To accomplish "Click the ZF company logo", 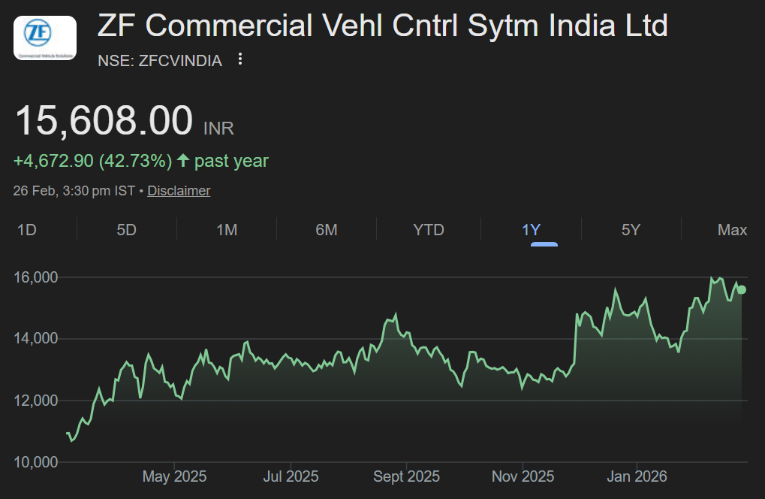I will point(45,38).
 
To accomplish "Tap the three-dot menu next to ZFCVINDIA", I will point(240,59).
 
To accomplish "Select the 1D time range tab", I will point(27,230).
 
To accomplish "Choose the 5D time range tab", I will point(126,230).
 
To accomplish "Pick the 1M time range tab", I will point(227,230).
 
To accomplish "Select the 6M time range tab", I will point(327,230).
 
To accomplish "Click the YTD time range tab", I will point(429,230).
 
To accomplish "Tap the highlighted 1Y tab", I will point(532,230).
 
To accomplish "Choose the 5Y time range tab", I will point(631,230).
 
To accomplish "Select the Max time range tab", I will point(732,230).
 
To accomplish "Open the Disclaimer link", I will point(179,191).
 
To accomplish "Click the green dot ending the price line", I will point(742,289).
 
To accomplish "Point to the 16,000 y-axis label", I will point(36,277).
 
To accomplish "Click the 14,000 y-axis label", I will point(36,339).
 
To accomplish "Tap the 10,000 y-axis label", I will point(36,461).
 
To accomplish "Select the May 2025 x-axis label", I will point(174,476).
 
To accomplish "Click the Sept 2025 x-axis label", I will point(406,476).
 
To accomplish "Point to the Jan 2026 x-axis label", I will point(637,476).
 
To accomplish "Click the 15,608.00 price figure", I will point(104,121).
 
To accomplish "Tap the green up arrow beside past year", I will point(182,161).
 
